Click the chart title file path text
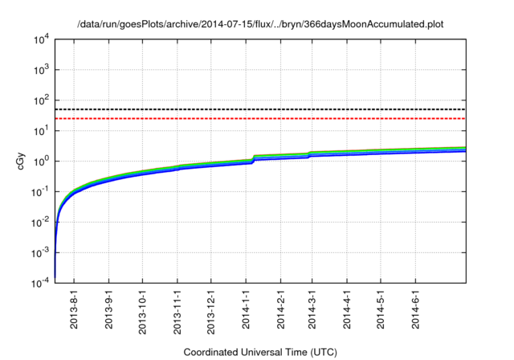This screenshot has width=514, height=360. pos(260,25)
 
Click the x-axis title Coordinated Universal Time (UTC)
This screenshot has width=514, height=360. pos(260,352)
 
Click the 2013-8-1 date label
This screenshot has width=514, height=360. pos(75,310)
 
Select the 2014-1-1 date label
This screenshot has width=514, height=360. pos(247,310)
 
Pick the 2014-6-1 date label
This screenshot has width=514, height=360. pos(415,310)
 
